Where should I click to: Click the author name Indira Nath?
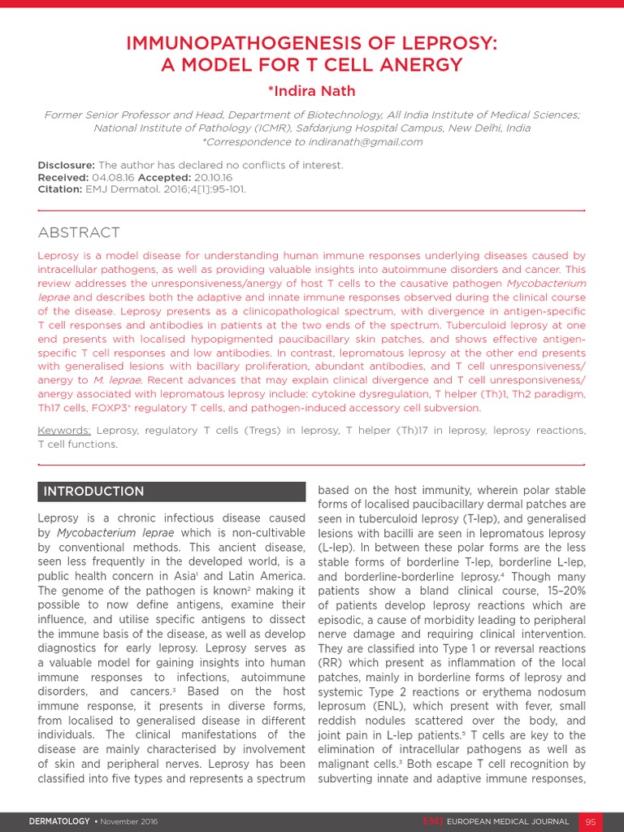(x=312, y=91)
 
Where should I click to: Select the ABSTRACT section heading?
(x=79, y=233)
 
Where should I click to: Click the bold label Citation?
(x=63, y=189)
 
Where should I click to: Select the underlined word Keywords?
(x=64, y=431)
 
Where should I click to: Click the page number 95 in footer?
(x=591, y=821)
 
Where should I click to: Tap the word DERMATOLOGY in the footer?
(x=59, y=821)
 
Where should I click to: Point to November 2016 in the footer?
(x=128, y=821)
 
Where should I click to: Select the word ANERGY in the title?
(x=421, y=65)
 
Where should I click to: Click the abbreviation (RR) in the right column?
(x=330, y=663)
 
